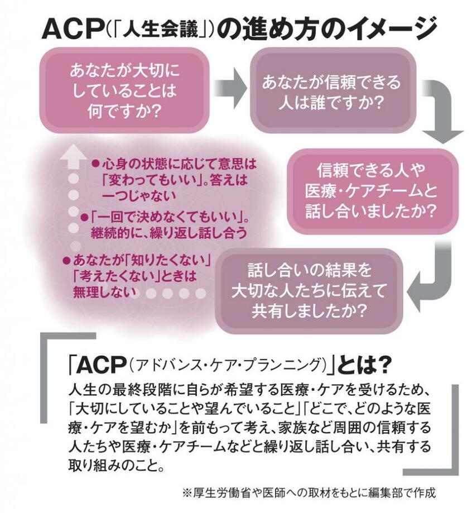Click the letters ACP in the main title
click(x=73, y=30)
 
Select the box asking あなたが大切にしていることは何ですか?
click(x=124, y=90)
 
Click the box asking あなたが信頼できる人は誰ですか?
click(x=333, y=90)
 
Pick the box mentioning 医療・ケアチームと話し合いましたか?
click(x=373, y=191)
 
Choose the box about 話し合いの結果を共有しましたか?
click(x=309, y=291)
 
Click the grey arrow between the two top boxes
click(x=230, y=88)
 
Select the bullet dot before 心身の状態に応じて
click(x=95, y=163)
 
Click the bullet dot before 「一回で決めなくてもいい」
click(x=84, y=217)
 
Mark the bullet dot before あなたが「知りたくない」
click(x=67, y=261)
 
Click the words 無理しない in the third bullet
click(x=105, y=292)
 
